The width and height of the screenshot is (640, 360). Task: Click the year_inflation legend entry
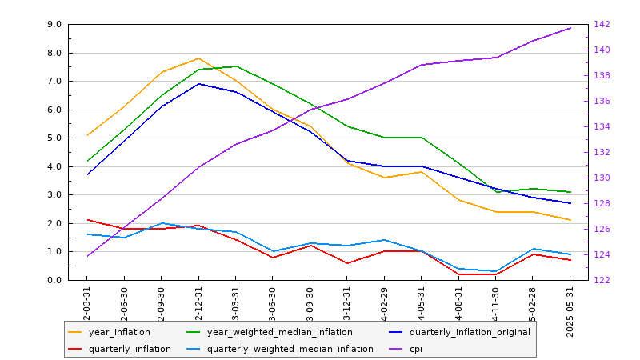(x=118, y=332)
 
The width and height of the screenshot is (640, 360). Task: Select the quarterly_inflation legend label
(x=130, y=349)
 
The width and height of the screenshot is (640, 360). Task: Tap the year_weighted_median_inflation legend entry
(x=279, y=332)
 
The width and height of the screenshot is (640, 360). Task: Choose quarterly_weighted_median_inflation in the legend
(x=290, y=349)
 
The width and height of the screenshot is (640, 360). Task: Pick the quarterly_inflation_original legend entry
(x=470, y=332)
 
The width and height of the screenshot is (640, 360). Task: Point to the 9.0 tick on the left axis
(x=55, y=25)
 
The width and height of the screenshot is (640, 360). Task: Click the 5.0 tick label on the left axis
(x=55, y=138)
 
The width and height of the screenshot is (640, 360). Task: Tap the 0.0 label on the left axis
(x=55, y=280)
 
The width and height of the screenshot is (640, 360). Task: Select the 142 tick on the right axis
(x=601, y=25)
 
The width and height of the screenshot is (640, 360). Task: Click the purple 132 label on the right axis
(x=601, y=153)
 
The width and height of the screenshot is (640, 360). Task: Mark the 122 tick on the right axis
(x=601, y=280)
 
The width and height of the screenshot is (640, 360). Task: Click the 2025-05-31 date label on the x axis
(x=570, y=311)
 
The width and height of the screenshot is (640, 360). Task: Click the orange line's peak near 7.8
(x=198, y=58)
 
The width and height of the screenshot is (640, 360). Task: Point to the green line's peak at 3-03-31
(x=235, y=66)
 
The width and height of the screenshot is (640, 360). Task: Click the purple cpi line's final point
(x=570, y=28)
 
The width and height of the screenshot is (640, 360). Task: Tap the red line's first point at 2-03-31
(x=87, y=220)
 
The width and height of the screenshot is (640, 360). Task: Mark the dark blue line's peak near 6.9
(x=198, y=84)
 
